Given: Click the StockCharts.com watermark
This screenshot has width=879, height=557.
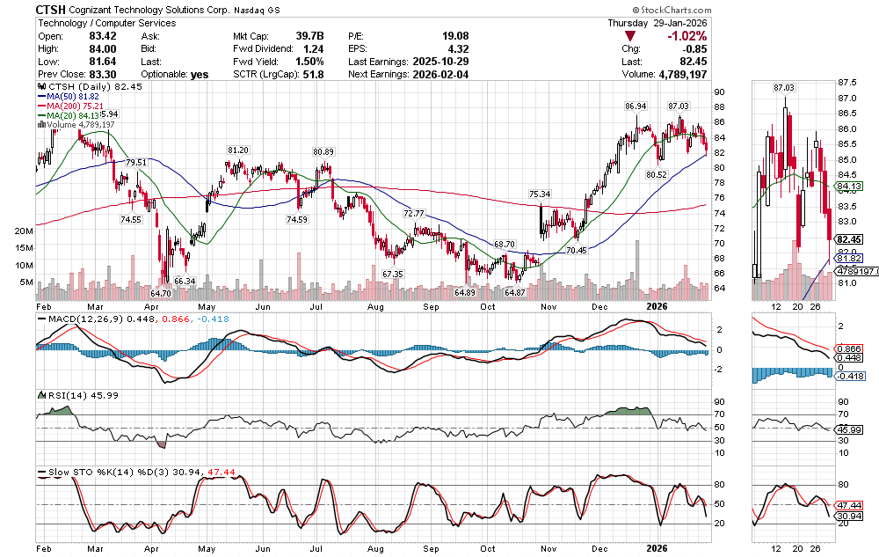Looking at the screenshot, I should tap(828, 9).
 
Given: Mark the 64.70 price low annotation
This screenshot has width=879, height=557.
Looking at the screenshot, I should tap(160, 293).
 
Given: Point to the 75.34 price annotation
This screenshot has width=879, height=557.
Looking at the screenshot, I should tap(540, 194).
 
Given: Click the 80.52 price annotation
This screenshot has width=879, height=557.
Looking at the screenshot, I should tap(657, 175).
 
